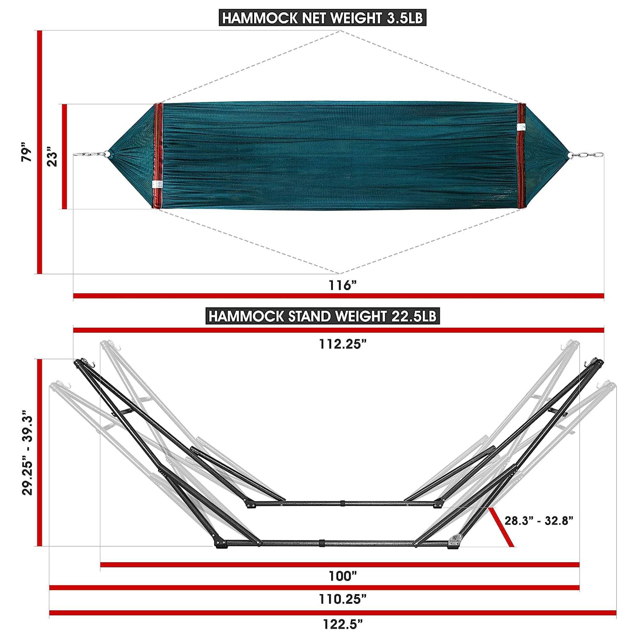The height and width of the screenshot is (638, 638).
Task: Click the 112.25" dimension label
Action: point(343,345)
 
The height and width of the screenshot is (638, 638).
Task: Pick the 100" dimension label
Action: point(343,576)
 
